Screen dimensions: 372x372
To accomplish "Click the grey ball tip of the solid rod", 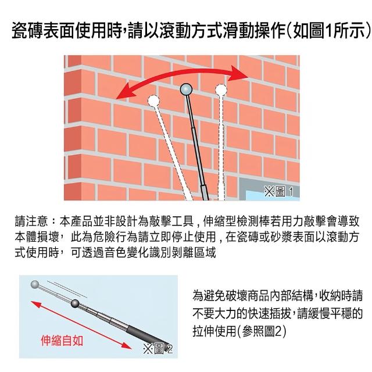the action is coord(186,89).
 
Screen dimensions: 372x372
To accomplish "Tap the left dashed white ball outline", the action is coord(153,101).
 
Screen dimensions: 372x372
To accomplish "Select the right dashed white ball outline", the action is coord(221,90).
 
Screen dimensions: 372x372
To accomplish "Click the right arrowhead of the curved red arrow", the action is coord(238,74).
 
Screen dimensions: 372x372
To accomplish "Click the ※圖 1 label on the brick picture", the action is coord(279,191).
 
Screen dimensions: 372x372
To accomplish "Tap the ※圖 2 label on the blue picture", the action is coord(158,349).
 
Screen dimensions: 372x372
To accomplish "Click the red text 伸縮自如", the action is coord(62,341).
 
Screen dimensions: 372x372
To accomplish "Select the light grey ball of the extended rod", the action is coord(35,284).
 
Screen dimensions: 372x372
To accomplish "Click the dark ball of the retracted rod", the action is coord(75,303).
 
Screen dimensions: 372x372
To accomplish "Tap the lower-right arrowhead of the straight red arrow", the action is coord(126,345).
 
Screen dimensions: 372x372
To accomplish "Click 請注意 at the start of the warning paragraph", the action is coord(31,221).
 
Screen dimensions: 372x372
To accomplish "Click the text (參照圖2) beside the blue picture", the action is coord(263,331).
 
